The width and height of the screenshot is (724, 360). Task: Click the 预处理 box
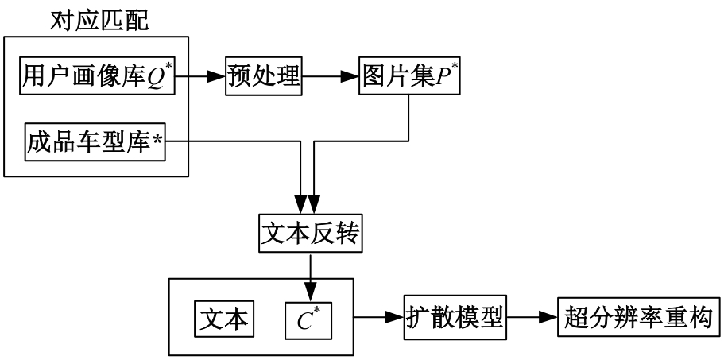[x=263, y=76]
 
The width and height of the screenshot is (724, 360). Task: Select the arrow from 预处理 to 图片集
[x=331, y=77]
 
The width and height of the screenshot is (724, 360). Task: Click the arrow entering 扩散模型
[x=377, y=318]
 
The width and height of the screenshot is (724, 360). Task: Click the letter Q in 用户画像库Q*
[x=153, y=77]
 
